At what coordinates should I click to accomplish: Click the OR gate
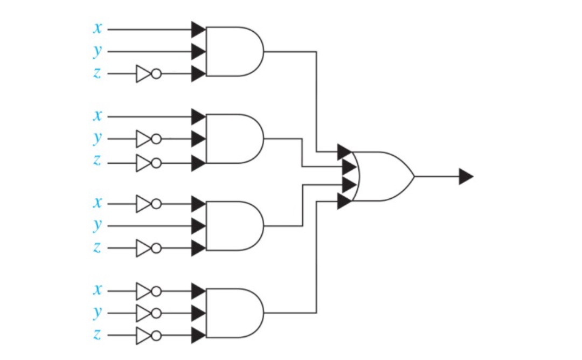[x=383, y=176]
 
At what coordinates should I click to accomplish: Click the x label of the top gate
[x=97, y=28]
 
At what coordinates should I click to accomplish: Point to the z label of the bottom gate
[x=97, y=334]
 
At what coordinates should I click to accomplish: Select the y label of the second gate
[x=97, y=138]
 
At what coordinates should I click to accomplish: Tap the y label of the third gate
[x=97, y=225]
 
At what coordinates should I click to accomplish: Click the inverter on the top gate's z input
[x=149, y=73]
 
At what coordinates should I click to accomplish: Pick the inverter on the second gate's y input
[x=149, y=139]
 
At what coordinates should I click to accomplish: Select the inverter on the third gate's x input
[x=149, y=204]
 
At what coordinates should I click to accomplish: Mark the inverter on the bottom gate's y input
[x=149, y=313]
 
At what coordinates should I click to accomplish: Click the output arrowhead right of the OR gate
[x=466, y=176]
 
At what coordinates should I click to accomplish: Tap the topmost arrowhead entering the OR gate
[x=345, y=152]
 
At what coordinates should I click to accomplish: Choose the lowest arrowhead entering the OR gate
[x=345, y=201]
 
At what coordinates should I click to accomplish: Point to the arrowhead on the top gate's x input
[x=198, y=29]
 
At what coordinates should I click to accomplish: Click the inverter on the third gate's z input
[x=149, y=248]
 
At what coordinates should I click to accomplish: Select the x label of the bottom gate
[x=97, y=289]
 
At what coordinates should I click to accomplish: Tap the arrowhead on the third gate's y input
[x=198, y=226]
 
